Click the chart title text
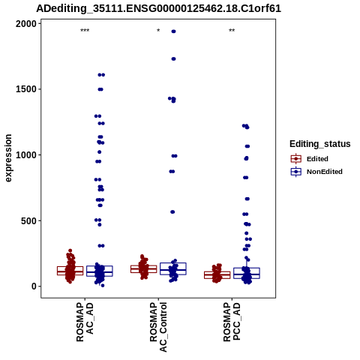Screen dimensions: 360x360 [x=158, y=8]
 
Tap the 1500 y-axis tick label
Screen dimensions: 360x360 [x=25, y=89]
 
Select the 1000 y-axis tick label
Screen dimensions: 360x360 [x=25, y=155]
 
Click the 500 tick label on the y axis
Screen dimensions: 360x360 [x=28, y=221]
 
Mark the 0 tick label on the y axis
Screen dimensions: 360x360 [x=34, y=286]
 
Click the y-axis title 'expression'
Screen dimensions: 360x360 [x=8, y=158]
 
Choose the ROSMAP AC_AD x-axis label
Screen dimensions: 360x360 [x=85, y=322]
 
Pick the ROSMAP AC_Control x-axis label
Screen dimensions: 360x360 [x=158, y=327]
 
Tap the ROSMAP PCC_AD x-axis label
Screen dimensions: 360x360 [x=232, y=322]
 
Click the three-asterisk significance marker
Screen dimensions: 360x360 [x=85, y=31]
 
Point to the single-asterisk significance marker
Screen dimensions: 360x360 [x=158, y=31]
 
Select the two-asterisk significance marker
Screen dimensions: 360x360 [x=232, y=31]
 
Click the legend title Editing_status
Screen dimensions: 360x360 [x=320, y=144]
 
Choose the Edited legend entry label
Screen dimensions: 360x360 [x=317, y=159]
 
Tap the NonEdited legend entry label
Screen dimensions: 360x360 [x=325, y=172]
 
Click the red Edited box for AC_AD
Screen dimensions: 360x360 [x=70, y=271]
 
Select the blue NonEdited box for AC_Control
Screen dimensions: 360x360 [x=173, y=268]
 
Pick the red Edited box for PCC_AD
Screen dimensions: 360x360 [x=217, y=275]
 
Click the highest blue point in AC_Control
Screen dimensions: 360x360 [x=173, y=31]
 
